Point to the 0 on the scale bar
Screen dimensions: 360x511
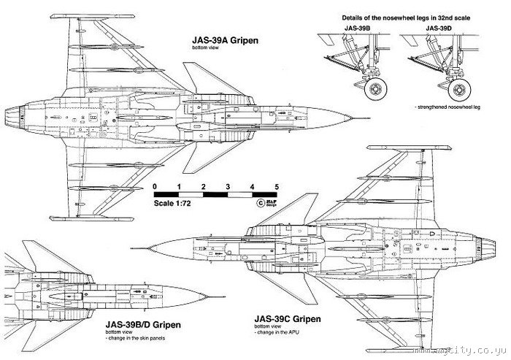pos(155,187)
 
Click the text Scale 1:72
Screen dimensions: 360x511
pos(173,204)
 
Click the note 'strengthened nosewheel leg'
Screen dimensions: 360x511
pos(448,107)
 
